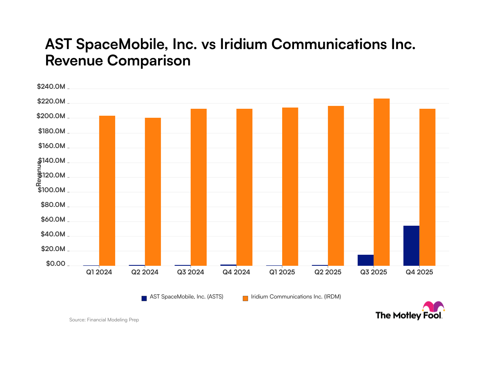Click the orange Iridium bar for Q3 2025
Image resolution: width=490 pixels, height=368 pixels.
[x=381, y=182]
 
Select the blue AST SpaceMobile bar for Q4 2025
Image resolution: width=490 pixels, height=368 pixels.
[x=411, y=245]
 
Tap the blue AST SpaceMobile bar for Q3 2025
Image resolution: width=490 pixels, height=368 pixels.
[x=365, y=260]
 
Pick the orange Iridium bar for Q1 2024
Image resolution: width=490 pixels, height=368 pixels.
[x=107, y=191]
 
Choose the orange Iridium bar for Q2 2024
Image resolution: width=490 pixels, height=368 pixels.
[x=153, y=191]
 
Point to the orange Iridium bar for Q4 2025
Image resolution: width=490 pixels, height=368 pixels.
[x=427, y=187]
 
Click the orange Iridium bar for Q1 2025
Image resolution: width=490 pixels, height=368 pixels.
[x=290, y=186]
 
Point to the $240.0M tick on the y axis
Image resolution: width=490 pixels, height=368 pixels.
[x=51, y=87]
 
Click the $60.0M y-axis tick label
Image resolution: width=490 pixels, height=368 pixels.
[x=53, y=220]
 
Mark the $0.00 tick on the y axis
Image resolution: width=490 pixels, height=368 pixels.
[x=56, y=264]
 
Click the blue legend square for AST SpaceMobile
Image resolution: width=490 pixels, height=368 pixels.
[x=144, y=298]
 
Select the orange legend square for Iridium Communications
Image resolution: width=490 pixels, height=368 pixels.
[x=245, y=298]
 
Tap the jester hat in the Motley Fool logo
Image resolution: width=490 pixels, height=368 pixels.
[x=433, y=307]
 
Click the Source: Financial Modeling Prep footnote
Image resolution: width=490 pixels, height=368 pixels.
[x=104, y=320]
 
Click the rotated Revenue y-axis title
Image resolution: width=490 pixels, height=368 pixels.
[x=39, y=173]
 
